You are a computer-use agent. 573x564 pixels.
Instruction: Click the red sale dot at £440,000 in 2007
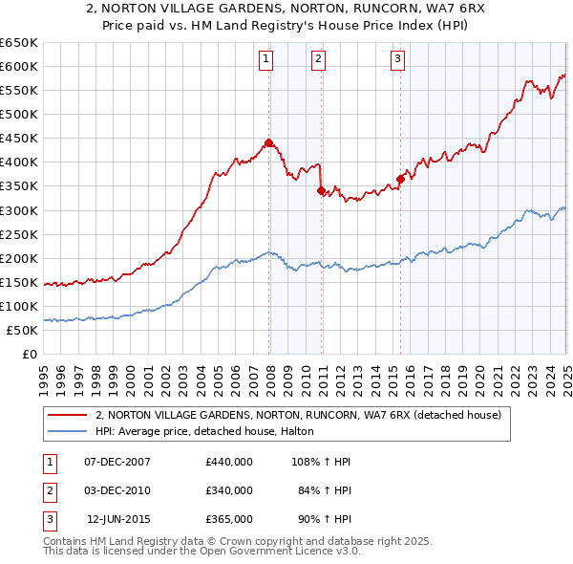(268, 142)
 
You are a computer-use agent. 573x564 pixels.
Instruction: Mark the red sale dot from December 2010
(321, 190)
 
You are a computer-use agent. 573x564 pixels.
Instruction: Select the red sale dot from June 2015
(400, 178)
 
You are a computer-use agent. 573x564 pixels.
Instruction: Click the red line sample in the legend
(66, 416)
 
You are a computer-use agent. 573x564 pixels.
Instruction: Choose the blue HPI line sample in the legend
(66, 431)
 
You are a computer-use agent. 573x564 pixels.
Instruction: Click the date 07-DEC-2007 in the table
(117, 462)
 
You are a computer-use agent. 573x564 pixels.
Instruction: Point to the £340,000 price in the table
(229, 490)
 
